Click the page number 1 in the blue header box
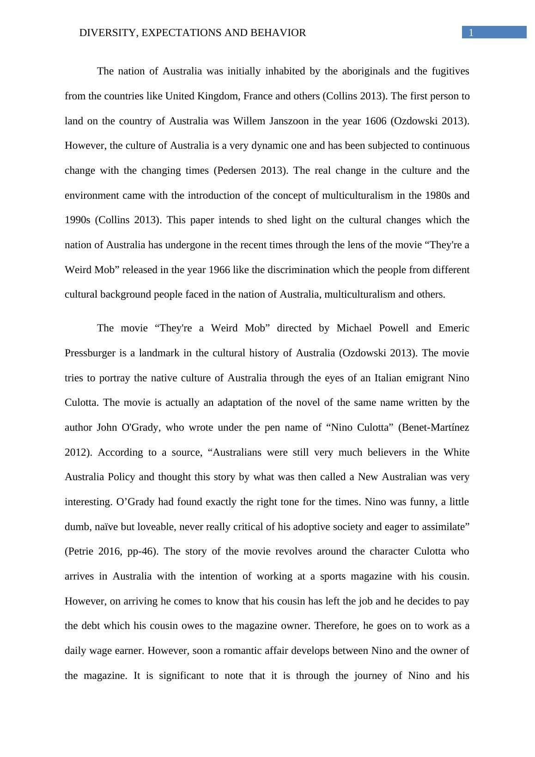pos(471,32)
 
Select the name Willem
pos(248,121)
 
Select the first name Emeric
pos(454,328)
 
